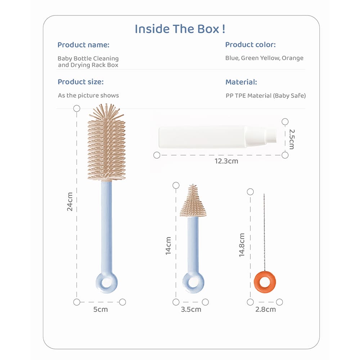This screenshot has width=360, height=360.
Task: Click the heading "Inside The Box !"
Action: point(180,29)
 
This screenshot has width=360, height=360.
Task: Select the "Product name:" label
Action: point(83,45)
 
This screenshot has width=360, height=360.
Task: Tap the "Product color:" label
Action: point(250,45)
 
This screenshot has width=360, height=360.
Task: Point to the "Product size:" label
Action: point(80,82)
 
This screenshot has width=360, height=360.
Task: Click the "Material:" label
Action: point(241,82)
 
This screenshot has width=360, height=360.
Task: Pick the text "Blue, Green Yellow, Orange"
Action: point(264,58)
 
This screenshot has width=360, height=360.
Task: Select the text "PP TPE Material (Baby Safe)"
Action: point(265,95)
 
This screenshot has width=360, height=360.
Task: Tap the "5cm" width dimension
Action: point(100,309)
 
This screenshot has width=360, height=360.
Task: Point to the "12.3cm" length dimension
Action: point(226,161)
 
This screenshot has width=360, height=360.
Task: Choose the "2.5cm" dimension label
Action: point(292,139)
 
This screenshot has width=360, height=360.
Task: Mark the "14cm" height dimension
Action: point(168,246)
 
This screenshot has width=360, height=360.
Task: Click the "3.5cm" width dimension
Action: point(191,309)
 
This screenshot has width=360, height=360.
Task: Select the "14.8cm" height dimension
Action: point(242,245)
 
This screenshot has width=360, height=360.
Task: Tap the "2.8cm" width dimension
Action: point(265,309)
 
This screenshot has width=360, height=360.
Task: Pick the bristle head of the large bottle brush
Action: point(107,144)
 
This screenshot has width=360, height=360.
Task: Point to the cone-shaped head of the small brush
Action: point(193,203)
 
